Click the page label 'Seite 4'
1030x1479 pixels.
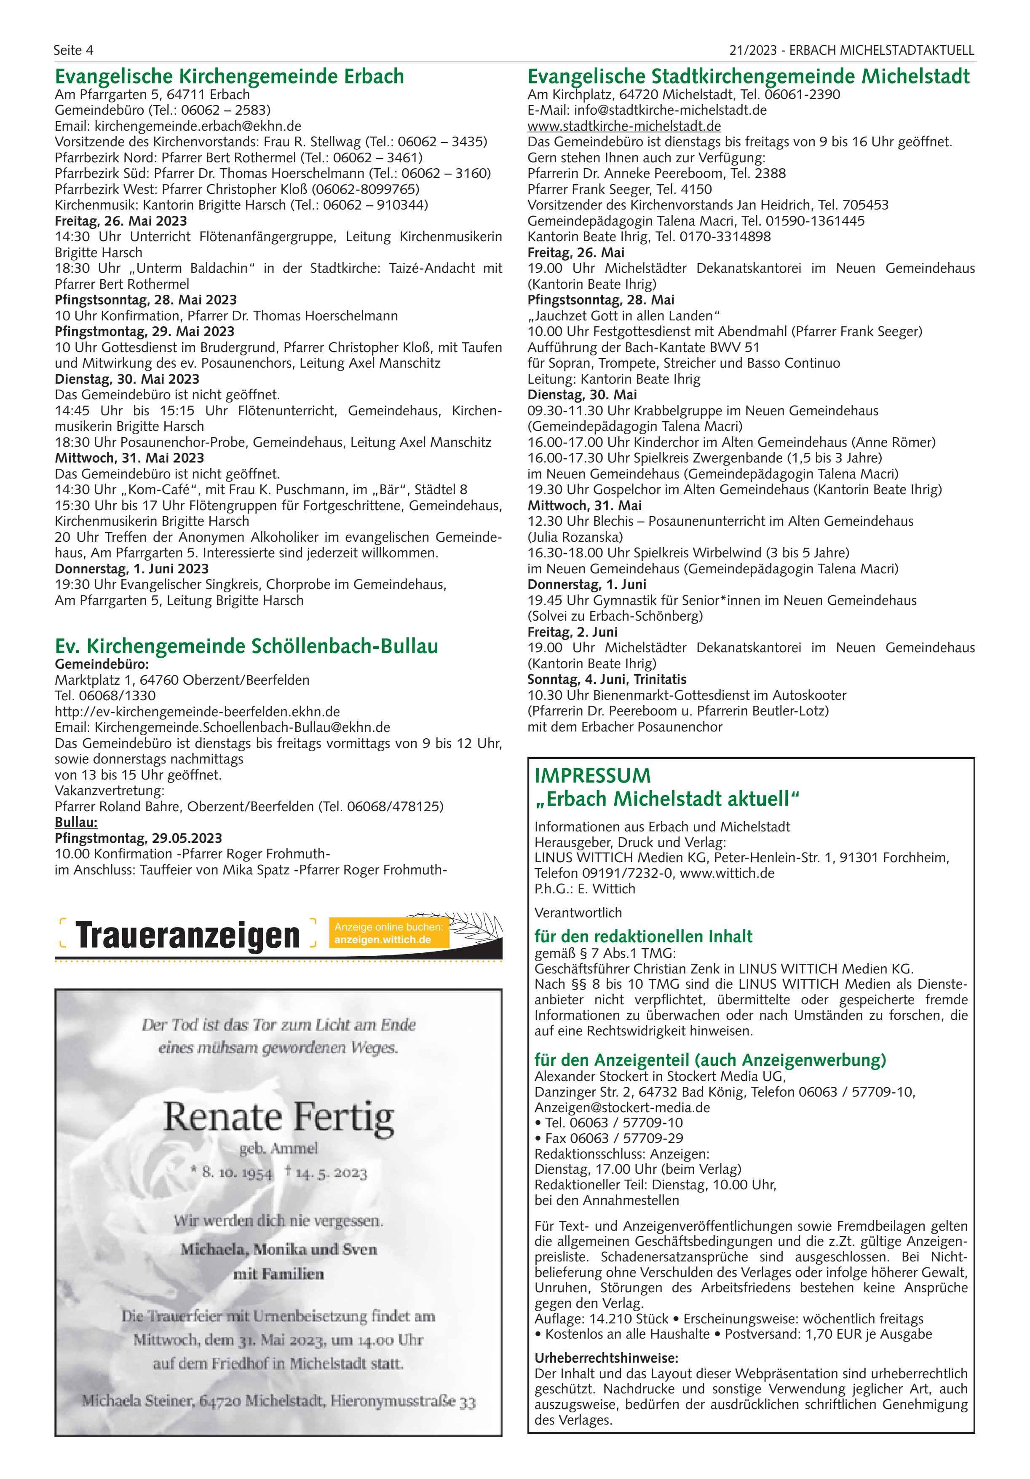[x=73, y=50]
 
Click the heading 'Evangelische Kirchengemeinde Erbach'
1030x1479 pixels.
[x=229, y=76]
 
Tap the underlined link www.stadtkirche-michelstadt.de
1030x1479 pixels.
[x=624, y=126]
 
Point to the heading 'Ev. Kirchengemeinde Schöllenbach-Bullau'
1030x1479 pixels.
[x=246, y=646]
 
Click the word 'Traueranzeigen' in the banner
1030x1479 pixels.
[x=188, y=936]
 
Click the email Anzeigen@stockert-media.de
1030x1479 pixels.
[x=622, y=1107]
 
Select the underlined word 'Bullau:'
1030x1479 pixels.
[x=76, y=823]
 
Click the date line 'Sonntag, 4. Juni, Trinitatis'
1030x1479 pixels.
[x=606, y=679]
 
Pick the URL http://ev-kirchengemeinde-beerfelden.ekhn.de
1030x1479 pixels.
[x=197, y=712]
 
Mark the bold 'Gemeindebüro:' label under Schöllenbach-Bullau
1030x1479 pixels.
[x=102, y=664]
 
